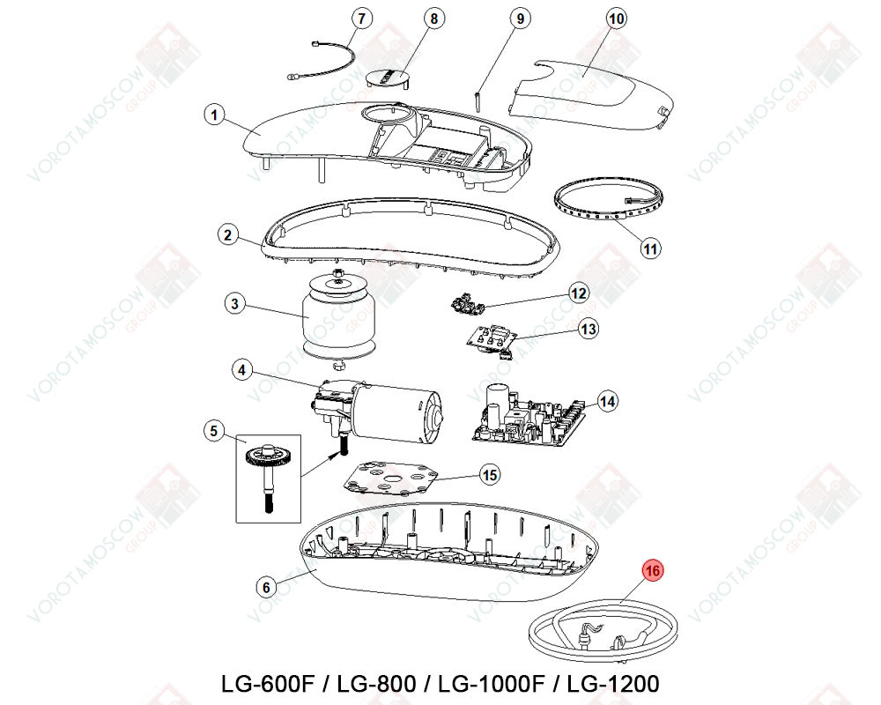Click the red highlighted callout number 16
[x=652, y=571]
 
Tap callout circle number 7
[x=362, y=19]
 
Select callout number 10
[x=617, y=19]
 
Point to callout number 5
[x=213, y=431]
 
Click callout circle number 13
[x=589, y=329]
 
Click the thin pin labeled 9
[x=477, y=100]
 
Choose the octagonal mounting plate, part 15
[x=391, y=479]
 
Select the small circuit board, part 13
[x=491, y=340]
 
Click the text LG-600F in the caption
[x=268, y=684]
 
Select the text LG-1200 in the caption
[x=613, y=684]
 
